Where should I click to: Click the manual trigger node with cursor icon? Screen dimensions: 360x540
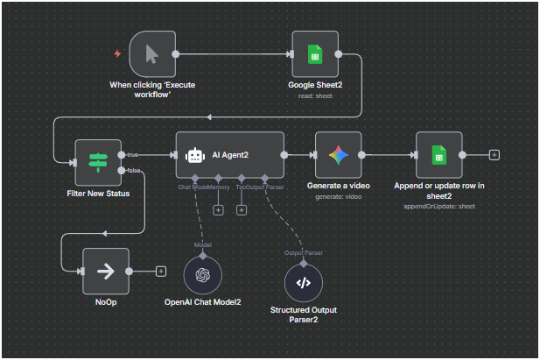151,53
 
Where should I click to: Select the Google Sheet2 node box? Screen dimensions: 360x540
315,53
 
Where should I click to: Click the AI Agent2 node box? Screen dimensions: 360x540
230,155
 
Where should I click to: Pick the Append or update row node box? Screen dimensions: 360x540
438,155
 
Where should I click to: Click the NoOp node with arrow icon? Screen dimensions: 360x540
105,272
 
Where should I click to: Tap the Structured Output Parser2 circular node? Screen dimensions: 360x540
304,282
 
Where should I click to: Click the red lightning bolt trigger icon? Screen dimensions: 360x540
117,53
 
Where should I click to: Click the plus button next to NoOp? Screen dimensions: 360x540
160,272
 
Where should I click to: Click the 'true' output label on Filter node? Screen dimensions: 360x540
133,154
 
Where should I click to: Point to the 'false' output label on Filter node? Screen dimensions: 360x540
134,170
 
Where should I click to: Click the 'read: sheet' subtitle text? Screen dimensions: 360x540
314,95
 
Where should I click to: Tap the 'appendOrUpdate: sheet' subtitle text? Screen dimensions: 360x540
438,207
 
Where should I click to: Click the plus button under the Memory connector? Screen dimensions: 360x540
219,209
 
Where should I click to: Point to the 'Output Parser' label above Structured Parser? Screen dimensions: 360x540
303,253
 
